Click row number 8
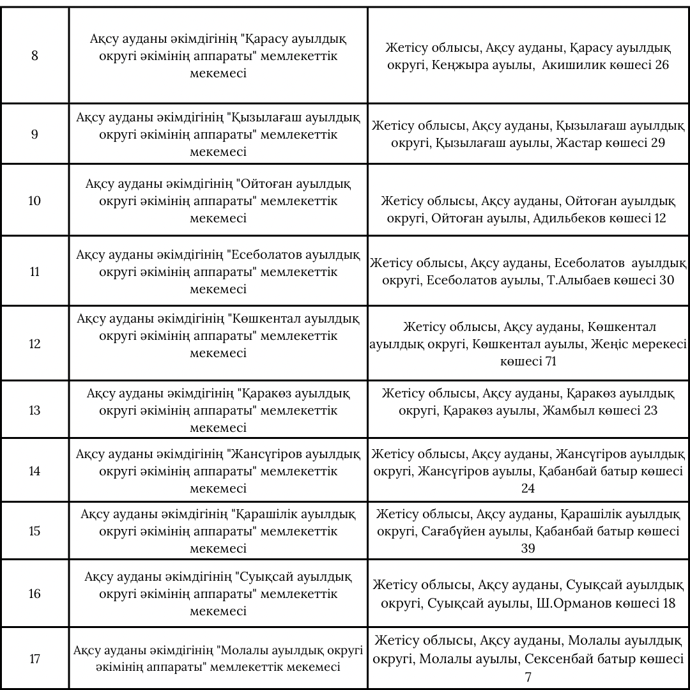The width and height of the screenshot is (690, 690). click(x=34, y=56)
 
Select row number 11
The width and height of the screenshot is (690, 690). click(x=34, y=272)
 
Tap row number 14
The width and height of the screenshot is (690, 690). click(x=34, y=471)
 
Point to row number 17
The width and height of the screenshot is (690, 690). click(x=34, y=659)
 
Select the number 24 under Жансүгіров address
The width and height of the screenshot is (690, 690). click(x=528, y=489)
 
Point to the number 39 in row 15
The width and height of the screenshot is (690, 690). click(x=528, y=549)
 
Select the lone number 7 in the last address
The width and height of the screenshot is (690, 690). click(x=528, y=677)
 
